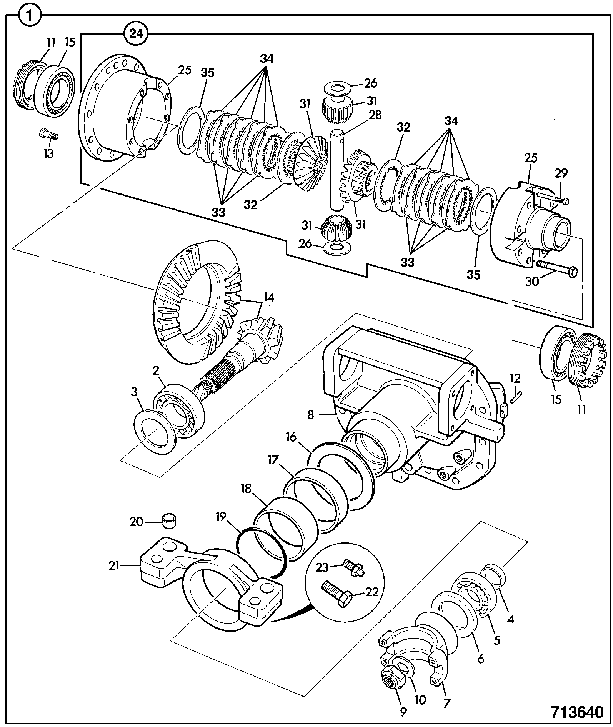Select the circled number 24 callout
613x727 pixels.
coord(136,34)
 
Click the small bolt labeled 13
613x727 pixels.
coord(48,135)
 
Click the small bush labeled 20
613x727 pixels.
coord(170,520)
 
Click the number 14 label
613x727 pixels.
coord(269,297)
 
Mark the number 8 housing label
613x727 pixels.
coord(311,415)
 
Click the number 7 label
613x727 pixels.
coord(446,703)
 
